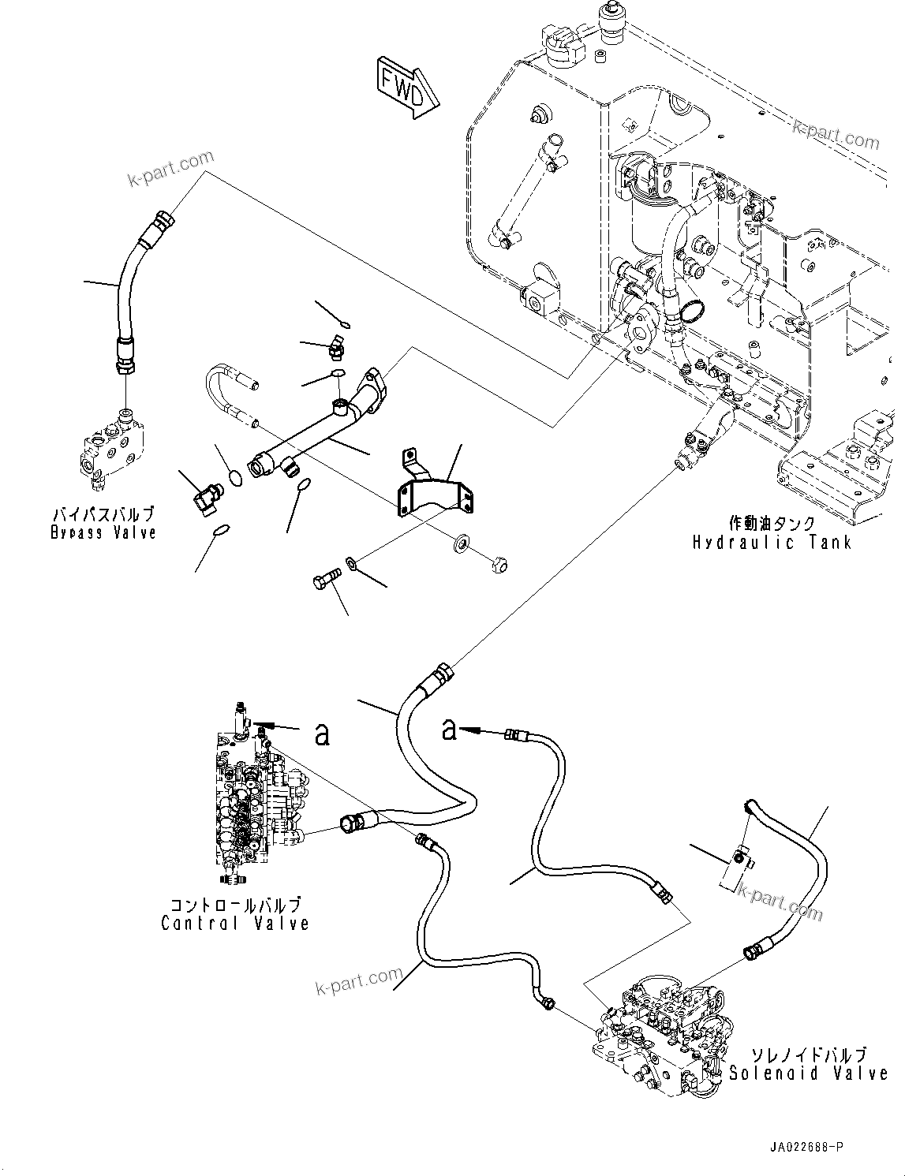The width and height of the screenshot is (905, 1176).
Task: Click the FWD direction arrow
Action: (407, 86)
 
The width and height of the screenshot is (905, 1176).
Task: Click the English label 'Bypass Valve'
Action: (103, 532)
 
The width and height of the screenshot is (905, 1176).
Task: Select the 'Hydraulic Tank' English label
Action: (772, 542)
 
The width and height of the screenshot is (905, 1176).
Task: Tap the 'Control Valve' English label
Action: (234, 924)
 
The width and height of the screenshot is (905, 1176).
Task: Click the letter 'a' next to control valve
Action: (321, 734)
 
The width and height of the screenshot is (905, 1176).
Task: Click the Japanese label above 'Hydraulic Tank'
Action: (771, 523)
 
